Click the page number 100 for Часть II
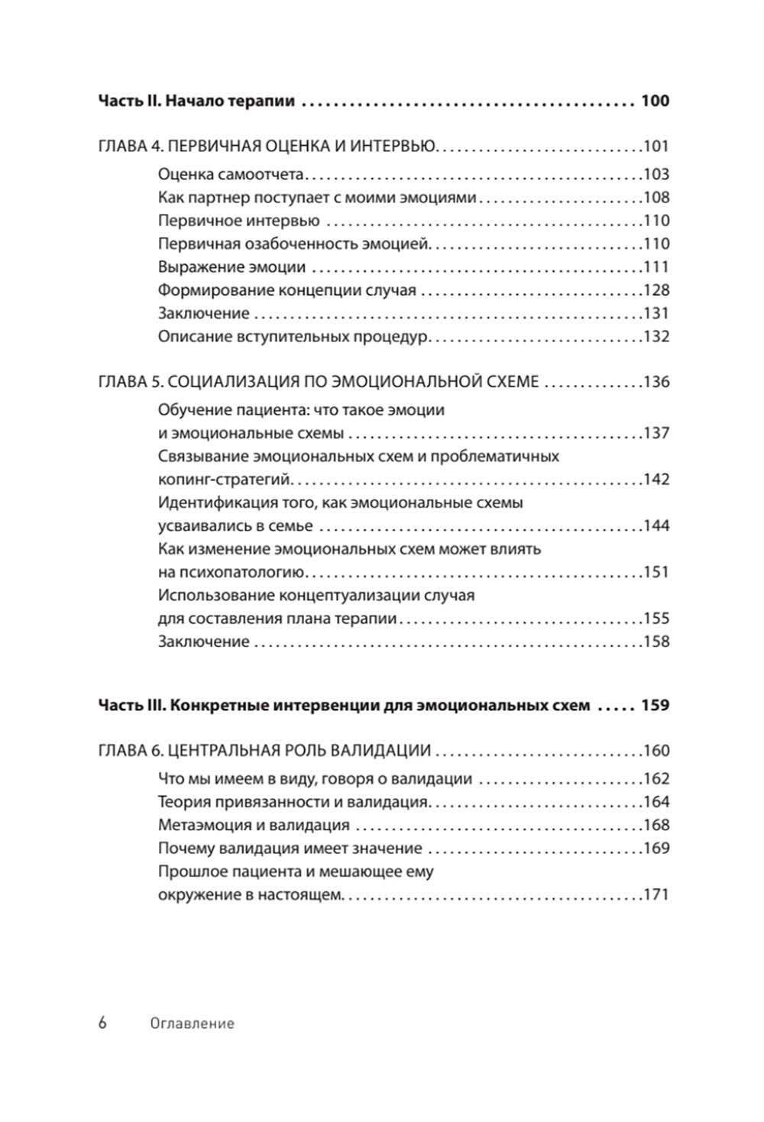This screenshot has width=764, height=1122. tap(655, 101)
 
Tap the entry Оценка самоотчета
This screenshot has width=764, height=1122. tap(231, 174)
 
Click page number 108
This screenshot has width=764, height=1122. tap(656, 198)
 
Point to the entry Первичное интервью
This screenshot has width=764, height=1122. tap(238, 221)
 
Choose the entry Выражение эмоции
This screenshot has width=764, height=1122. tap(231, 267)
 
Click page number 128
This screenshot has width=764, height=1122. tap(656, 290)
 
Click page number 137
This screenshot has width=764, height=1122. tap(656, 434)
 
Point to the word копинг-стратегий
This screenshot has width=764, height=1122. tap(225, 480)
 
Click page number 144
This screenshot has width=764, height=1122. tap(656, 526)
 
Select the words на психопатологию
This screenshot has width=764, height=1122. tap(231, 573)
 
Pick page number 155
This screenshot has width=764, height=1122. tap(656, 619)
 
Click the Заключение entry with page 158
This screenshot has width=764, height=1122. tap(203, 642)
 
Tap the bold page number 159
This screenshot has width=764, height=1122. tap(655, 706)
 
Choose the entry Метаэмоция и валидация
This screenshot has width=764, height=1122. tap(254, 826)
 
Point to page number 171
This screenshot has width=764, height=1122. tap(656, 895)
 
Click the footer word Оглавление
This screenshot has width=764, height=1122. tap(192, 1023)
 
